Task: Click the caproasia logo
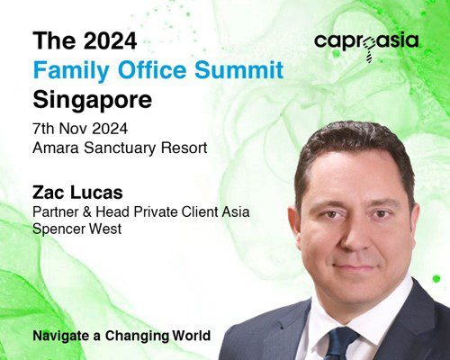[x=366, y=46]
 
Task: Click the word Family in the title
[x=72, y=71]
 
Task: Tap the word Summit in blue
[x=239, y=69]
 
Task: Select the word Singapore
[x=93, y=100]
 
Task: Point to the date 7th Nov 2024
[x=80, y=129]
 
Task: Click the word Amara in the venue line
[x=56, y=148]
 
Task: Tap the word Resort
[x=184, y=148]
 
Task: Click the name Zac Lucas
[x=77, y=193]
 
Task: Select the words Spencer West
[x=77, y=229]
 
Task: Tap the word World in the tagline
[x=192, y=335]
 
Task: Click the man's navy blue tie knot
[x=344, y=337]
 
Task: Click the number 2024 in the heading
[x=110, y=40]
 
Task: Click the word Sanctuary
[x=121, y=148]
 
